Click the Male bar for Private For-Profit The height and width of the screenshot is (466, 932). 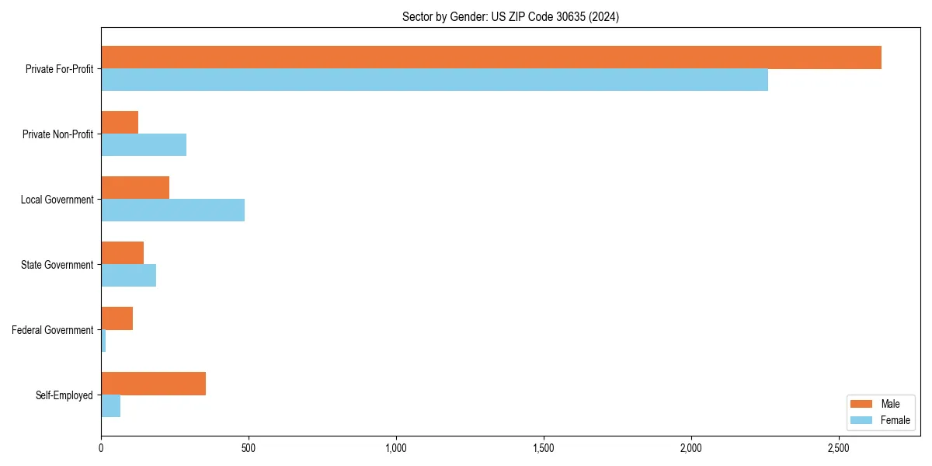coord(491,57)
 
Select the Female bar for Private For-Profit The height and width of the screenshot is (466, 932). coord(434,79)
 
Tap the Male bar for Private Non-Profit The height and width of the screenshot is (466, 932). coord(120,123)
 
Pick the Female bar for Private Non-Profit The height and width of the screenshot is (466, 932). coord(144,144)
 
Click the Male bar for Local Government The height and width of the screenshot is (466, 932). coord(135,188)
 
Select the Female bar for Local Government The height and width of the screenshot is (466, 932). coord(172,210)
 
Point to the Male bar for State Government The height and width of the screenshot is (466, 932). coord(122,253)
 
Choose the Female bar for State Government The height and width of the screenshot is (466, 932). coord(128,275)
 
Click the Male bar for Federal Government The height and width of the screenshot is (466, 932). coord(116,318)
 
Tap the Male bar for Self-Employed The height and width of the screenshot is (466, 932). coord(153,384)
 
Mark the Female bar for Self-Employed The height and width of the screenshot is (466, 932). coord(110,405)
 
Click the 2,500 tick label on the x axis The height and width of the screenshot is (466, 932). coord(838,449)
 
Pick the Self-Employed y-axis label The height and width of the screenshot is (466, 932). coord(64,395)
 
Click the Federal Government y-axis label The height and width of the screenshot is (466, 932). coord(53,330)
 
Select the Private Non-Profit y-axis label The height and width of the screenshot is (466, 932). coord(57,134)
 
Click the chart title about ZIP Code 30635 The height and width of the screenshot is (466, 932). coord(510,16)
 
